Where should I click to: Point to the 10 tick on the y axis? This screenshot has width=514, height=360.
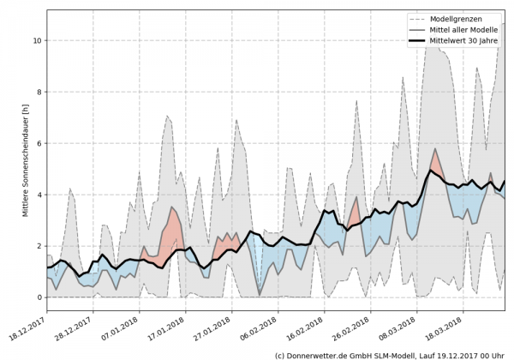tap(36, 40)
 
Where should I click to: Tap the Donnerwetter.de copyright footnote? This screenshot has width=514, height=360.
tap(390, 354)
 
